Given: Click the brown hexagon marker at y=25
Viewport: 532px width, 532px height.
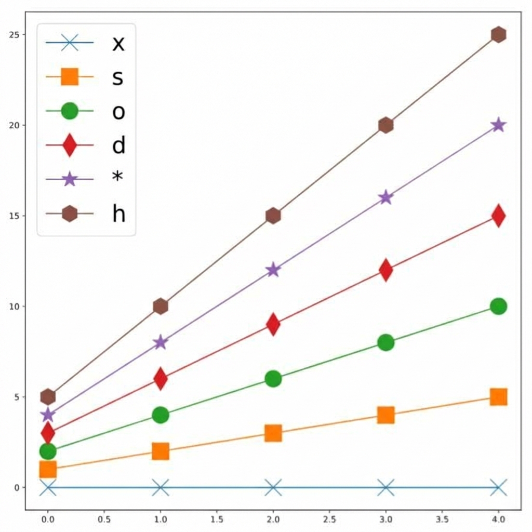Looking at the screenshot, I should click(498, 35).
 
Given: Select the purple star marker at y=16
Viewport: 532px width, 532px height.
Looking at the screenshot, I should click(385, 197).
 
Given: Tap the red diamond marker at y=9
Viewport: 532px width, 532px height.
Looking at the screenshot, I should click(273, 324).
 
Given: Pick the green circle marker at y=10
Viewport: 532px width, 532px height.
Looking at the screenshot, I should click(498, 306).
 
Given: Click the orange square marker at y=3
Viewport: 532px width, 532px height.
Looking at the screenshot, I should click(273, 433).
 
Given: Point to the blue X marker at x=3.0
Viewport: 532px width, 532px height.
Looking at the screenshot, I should click(385, 487).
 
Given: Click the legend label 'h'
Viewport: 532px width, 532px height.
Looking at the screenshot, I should click(119, 213).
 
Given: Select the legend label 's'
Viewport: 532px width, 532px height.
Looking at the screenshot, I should click(118, 77).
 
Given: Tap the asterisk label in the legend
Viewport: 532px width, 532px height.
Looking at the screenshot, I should click(118, 178).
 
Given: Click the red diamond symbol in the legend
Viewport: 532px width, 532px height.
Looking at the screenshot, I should click(69, 145).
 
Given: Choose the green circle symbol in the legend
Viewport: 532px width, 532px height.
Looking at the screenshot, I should click(69, 111).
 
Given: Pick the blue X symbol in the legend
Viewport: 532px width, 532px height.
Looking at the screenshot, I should click(69, 43).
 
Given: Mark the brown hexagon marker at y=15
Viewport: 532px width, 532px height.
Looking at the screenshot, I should click(273, 216).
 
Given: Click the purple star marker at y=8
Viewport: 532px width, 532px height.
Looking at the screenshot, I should click(161, 342).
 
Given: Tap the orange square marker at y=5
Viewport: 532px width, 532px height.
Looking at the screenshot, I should click(498, 397).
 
